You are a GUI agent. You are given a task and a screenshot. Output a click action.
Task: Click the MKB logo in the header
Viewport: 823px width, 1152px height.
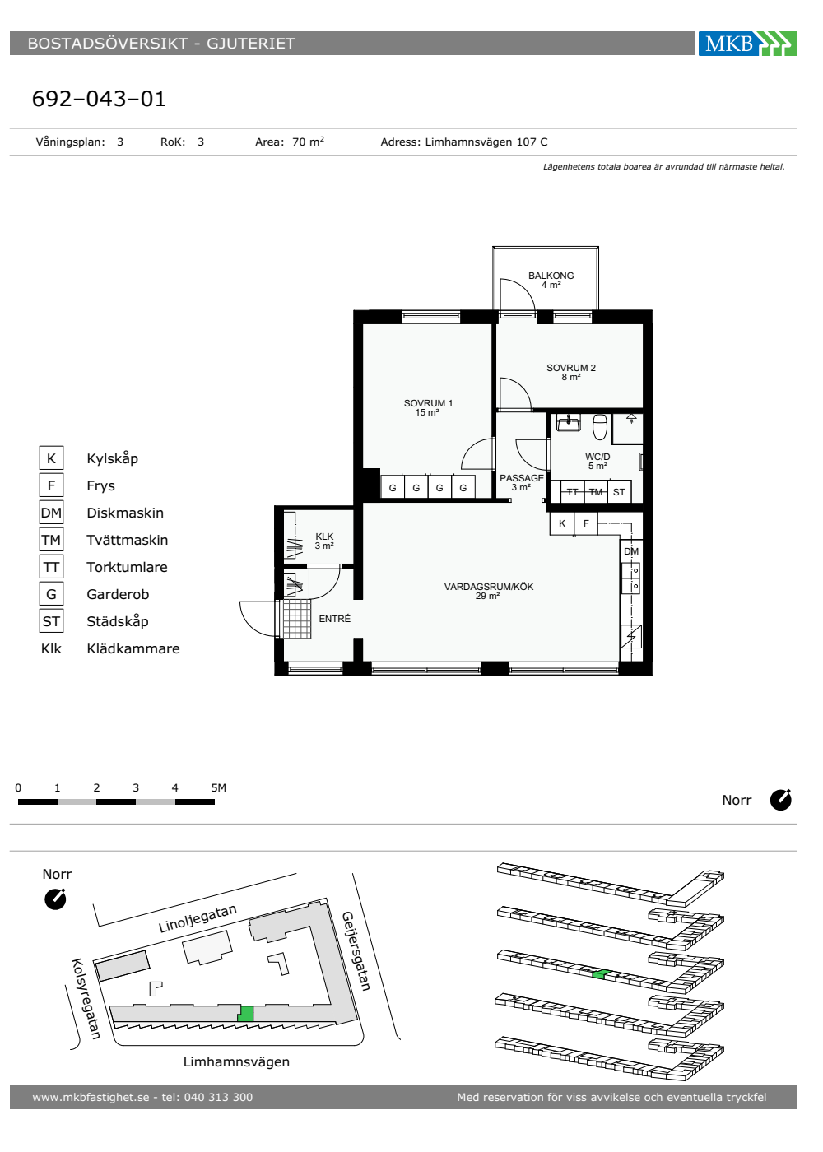[x=747, y=43]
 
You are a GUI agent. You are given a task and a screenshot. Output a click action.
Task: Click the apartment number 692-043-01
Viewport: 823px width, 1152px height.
[x=99, y=99]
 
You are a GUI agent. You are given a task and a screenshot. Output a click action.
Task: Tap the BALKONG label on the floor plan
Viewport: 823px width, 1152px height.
[x=551, y=276]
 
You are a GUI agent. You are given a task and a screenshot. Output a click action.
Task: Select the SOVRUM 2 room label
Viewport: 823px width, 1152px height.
[x=571, y=368]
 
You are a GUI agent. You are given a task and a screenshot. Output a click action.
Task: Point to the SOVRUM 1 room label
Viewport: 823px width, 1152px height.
[x=428, y=403]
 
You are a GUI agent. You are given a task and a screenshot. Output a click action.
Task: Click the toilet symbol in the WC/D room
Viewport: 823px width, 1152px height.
[x=600, y=426]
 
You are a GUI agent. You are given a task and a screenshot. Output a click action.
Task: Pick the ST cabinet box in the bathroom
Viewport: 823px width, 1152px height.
[x=619, y=492]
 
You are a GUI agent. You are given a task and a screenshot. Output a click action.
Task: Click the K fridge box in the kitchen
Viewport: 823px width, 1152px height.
[x=562, y=523]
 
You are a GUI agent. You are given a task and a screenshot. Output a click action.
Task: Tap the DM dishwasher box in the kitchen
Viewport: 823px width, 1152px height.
[x=631, y=551]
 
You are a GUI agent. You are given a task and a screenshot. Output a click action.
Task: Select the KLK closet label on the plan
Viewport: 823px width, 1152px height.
[x=324, y=537]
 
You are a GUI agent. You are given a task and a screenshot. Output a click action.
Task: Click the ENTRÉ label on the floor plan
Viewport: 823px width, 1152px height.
[x=334, y=619]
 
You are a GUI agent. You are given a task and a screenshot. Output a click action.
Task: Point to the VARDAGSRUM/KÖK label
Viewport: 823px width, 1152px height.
[x=489, y=587]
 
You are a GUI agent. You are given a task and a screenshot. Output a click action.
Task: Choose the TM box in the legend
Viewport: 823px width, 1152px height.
[x=51, y=540]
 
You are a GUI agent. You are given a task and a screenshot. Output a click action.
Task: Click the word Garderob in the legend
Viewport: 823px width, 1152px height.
[x=118, y=594]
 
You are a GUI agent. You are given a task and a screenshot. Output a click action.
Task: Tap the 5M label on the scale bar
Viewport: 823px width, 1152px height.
[x=219, y=787]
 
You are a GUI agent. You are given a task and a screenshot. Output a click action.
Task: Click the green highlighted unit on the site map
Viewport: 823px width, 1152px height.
[x=245, y=1014]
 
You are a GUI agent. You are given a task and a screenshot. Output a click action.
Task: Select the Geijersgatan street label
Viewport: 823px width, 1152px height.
[x=356, y=951]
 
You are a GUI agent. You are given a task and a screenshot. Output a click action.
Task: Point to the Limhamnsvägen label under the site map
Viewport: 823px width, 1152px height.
[x=237, y=1061]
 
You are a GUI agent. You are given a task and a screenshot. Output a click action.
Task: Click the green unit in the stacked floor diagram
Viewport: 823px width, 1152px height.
[x=602, y=974]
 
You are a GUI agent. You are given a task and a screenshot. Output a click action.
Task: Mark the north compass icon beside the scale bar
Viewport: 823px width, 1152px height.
[x=780, y=800]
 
